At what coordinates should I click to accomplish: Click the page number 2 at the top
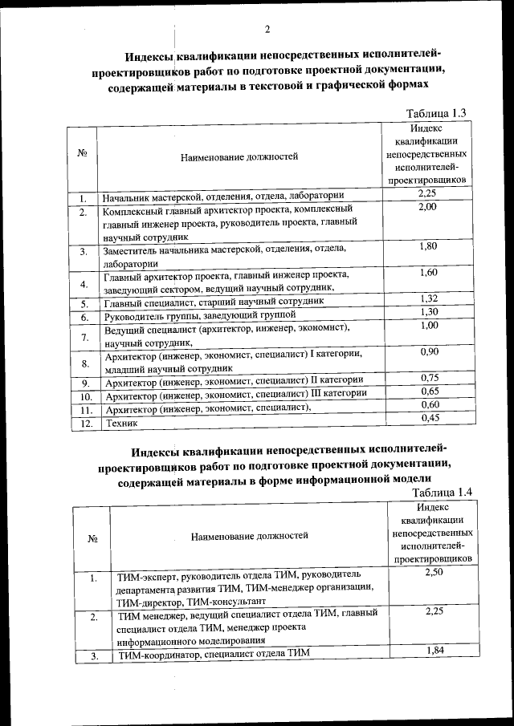point(267,30)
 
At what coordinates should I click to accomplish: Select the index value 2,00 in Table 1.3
point(427,207)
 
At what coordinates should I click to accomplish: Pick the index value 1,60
point(427,273)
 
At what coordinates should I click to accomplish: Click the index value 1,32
point(427,299)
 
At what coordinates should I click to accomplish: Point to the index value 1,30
point(427,312)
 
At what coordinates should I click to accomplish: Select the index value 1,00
point(427,325)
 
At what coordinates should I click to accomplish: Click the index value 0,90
point(427,351)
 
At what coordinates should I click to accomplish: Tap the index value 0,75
point(427,378)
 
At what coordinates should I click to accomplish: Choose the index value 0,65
point(427,391)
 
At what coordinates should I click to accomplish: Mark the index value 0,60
point(427,404)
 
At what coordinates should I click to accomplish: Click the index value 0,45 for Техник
point(427,417)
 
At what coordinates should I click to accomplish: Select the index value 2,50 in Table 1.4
point(432,572)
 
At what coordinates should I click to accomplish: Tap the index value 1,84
point(432,651)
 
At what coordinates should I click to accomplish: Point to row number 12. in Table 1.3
point(84,423)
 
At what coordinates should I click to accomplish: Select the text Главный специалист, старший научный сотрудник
point(214,302)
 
